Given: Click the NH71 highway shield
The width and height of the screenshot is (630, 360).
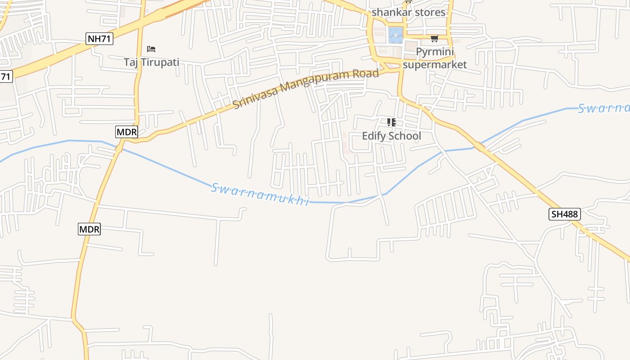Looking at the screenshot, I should (x=99, y=39).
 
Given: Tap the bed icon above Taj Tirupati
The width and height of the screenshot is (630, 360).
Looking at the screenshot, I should (x=151, y=49).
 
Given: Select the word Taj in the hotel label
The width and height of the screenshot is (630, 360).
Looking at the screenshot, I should (x=131, y=62).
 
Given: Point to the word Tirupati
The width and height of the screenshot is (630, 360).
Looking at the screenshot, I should (x=160, y=62).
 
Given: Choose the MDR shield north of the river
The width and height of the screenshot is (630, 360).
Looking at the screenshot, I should (x=126, y=132).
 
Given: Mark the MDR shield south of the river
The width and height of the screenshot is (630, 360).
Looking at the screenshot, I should (x=89, y=229).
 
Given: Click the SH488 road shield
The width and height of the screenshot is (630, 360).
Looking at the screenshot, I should (x=565, y=214).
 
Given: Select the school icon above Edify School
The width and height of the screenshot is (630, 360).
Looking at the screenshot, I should (x=391, y=122).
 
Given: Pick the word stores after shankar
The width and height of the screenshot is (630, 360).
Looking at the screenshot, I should (x=430, y=12).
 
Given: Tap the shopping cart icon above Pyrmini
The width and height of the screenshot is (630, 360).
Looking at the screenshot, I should (x=434, y=39).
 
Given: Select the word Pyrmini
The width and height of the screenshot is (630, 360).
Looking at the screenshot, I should (x=435, y=52).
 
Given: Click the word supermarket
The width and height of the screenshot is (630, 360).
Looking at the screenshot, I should (x=435, y=64).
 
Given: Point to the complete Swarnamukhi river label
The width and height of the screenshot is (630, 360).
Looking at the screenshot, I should (x=260, y=194).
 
